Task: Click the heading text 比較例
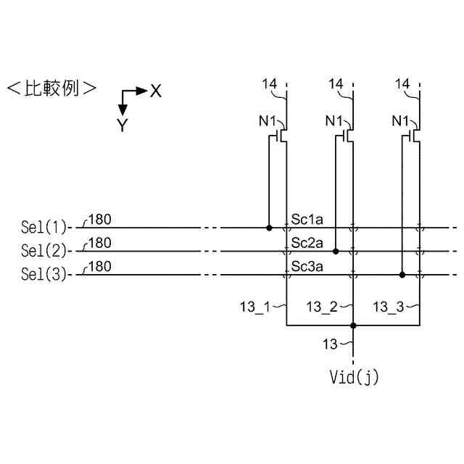pyautogui.click(x=51, y=88)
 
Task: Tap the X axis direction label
pyautogui.click(x=155, y=91)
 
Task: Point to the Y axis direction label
pyautogui.click(x=123, y=125)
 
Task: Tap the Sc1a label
pyautogui.click(x=307, y=219)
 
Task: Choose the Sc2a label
pyautogui.click(x=307, y=242)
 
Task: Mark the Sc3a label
pyautogui.click(x=307, y=266)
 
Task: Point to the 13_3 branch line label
pyautogui.click(x=389, y=307)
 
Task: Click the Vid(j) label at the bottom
pyautogui.click(x=354, y=377)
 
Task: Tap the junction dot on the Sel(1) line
pyautogui.click(x=269, y=228)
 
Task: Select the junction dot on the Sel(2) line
pyautogui.click(x=336, y=252)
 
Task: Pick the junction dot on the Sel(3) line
pyautogui.click(x=402, y=275)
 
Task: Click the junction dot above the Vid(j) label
pyautogui.click(x=353, y=326)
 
